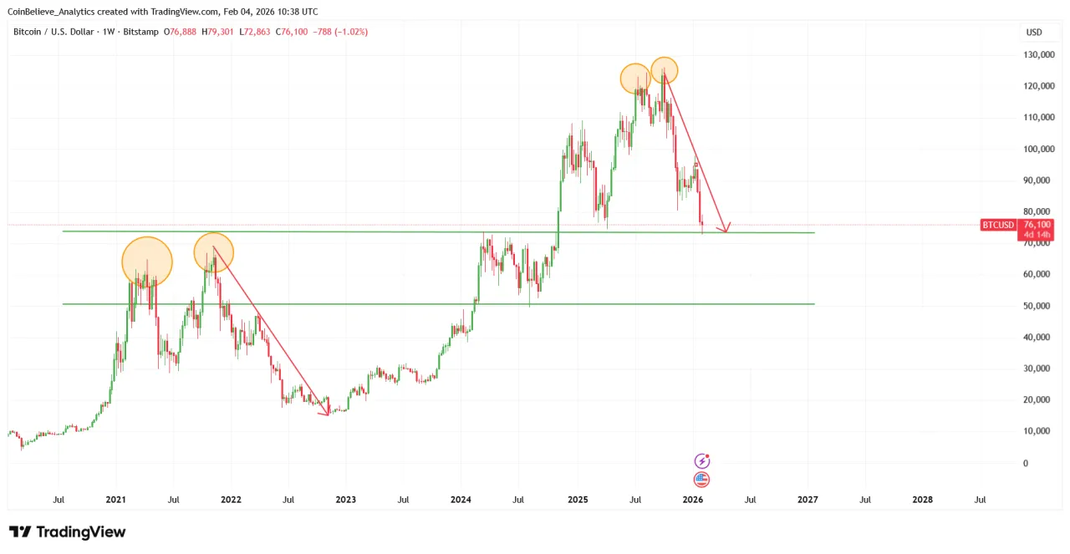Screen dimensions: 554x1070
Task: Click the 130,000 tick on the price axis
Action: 1037,55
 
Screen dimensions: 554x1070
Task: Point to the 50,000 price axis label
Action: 1037,306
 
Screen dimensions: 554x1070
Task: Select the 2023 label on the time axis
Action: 345,500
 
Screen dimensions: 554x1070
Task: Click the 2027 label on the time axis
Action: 808,500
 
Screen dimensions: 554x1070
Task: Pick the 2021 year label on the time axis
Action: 115,500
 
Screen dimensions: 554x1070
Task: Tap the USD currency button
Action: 1034,32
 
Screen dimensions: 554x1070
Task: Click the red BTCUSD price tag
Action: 997,225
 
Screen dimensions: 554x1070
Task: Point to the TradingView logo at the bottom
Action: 67,531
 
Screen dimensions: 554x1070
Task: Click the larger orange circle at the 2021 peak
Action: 147,262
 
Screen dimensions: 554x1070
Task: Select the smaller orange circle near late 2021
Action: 214,252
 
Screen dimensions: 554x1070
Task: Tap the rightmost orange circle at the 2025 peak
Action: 664,70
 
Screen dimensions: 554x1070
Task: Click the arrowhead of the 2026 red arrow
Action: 727,229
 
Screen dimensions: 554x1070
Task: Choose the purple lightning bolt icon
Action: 702,461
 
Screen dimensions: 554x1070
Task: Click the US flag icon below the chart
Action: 702,480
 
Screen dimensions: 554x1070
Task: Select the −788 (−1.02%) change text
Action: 340,32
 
